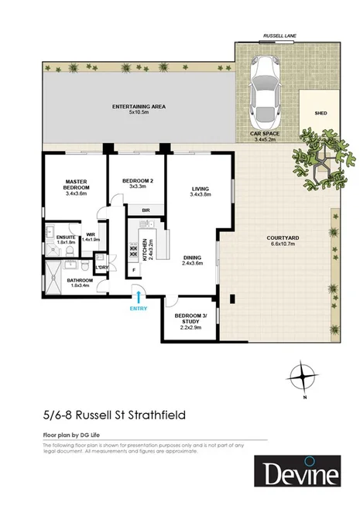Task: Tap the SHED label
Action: (x=320, y=112)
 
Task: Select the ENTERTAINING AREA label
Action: (x=139, y=107)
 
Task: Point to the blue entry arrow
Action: (x=138, y=294)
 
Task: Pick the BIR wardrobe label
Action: (x=145, y=210)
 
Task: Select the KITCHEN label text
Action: (x=142, y=249)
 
